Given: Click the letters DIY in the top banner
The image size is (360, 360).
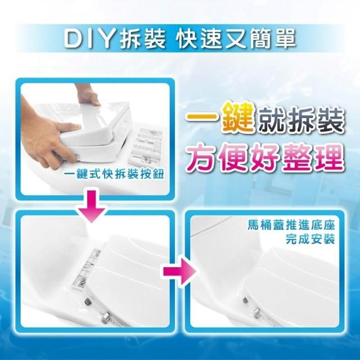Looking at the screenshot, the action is point(91,38).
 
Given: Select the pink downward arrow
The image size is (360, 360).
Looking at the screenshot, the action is point(92,206).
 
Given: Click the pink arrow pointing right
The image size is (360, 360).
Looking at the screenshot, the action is point(180,271).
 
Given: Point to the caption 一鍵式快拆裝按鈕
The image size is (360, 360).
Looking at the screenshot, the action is point(114,174).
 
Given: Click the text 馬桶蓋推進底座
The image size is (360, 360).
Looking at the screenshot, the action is point(291,225).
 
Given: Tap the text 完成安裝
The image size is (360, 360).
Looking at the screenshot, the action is point(310,240).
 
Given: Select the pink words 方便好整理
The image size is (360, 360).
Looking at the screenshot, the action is point(265,157).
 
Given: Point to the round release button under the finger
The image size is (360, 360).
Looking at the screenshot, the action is point(77,156).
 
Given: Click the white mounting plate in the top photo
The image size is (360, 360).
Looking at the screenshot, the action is point(145,146).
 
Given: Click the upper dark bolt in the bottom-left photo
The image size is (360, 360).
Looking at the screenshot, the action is point(87,300).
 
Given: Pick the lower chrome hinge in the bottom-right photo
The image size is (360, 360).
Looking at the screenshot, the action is point(257,312).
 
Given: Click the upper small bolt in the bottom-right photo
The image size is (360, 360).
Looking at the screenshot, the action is point(245,299).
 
